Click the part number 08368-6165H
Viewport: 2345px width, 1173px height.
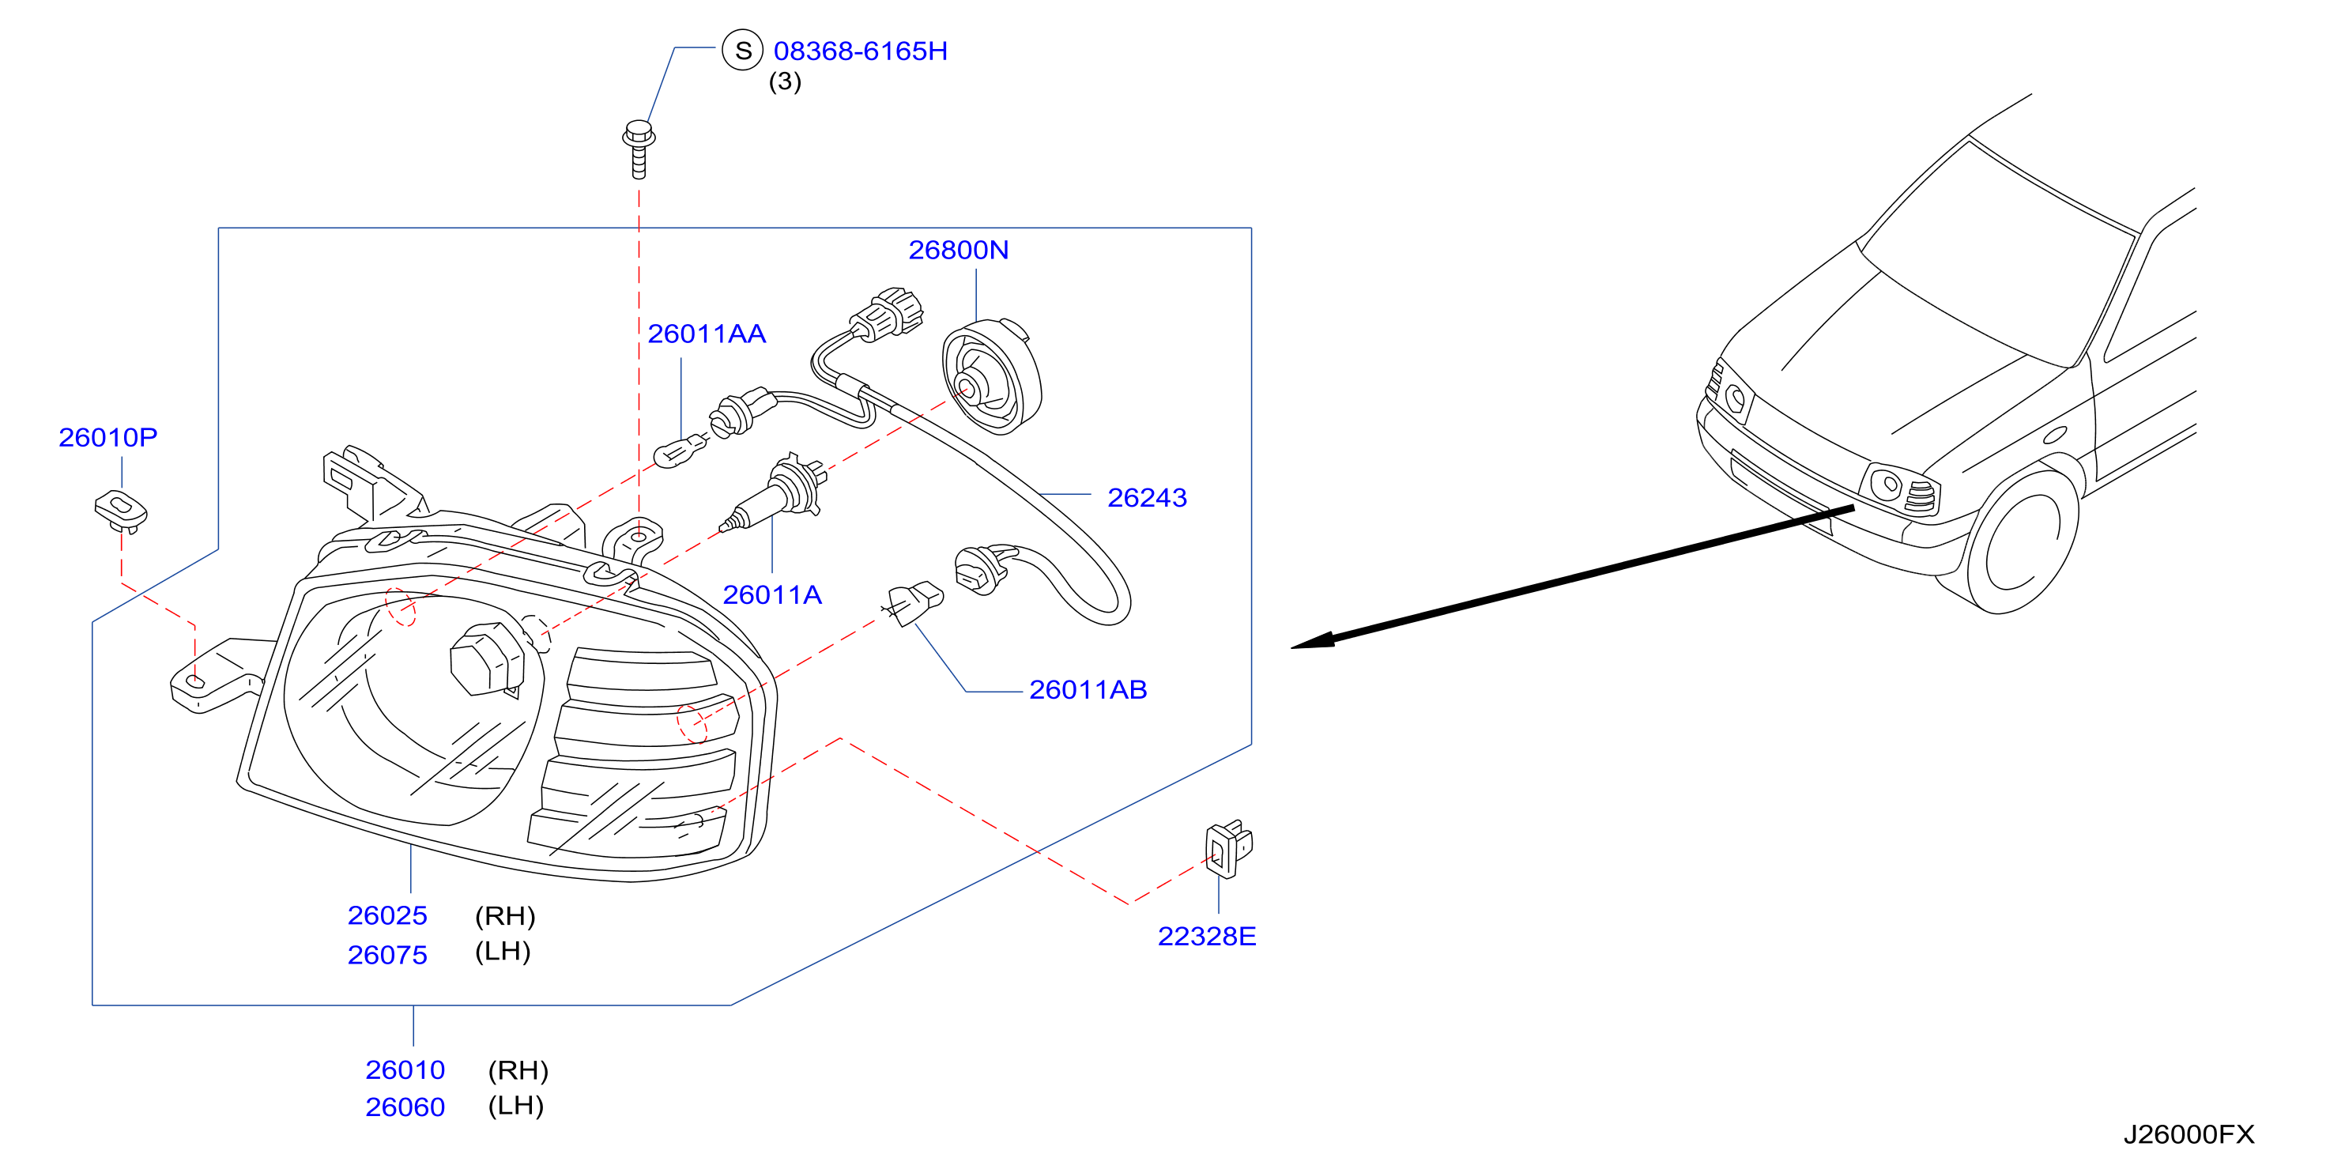pos(860,51)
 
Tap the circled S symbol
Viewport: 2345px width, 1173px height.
pos(743,50)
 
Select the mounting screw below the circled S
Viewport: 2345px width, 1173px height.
pos(639,149)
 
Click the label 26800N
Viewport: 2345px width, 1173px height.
pos(959,250)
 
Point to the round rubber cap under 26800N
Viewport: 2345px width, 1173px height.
pos(991,375)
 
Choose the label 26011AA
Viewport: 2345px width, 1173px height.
pos(707,334)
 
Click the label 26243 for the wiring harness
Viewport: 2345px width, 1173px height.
pos(1147,497)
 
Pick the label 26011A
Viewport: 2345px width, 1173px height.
pos(772,594)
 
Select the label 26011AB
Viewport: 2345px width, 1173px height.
pos(1088,689)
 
